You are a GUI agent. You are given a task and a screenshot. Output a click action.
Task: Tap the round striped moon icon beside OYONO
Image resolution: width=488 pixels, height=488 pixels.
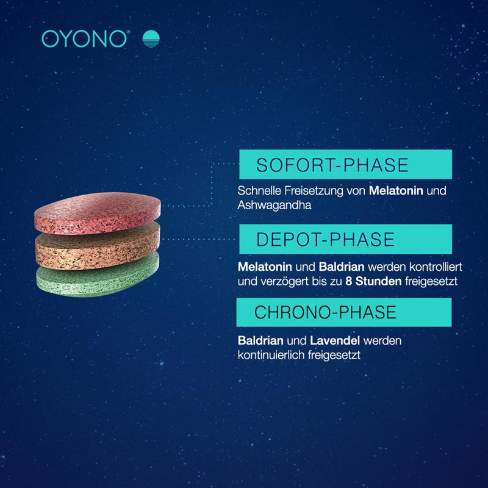click(151, 39)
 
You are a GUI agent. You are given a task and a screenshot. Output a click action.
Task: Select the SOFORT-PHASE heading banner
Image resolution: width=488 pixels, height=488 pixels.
click(345, 165)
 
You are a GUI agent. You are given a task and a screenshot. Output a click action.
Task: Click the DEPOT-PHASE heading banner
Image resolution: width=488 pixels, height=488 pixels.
click(345, 239)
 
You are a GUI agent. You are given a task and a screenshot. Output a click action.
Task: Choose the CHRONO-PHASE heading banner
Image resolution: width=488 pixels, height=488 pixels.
click(344, 312)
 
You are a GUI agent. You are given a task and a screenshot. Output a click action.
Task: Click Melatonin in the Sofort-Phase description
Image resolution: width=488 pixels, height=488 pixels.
click(396, 191)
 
